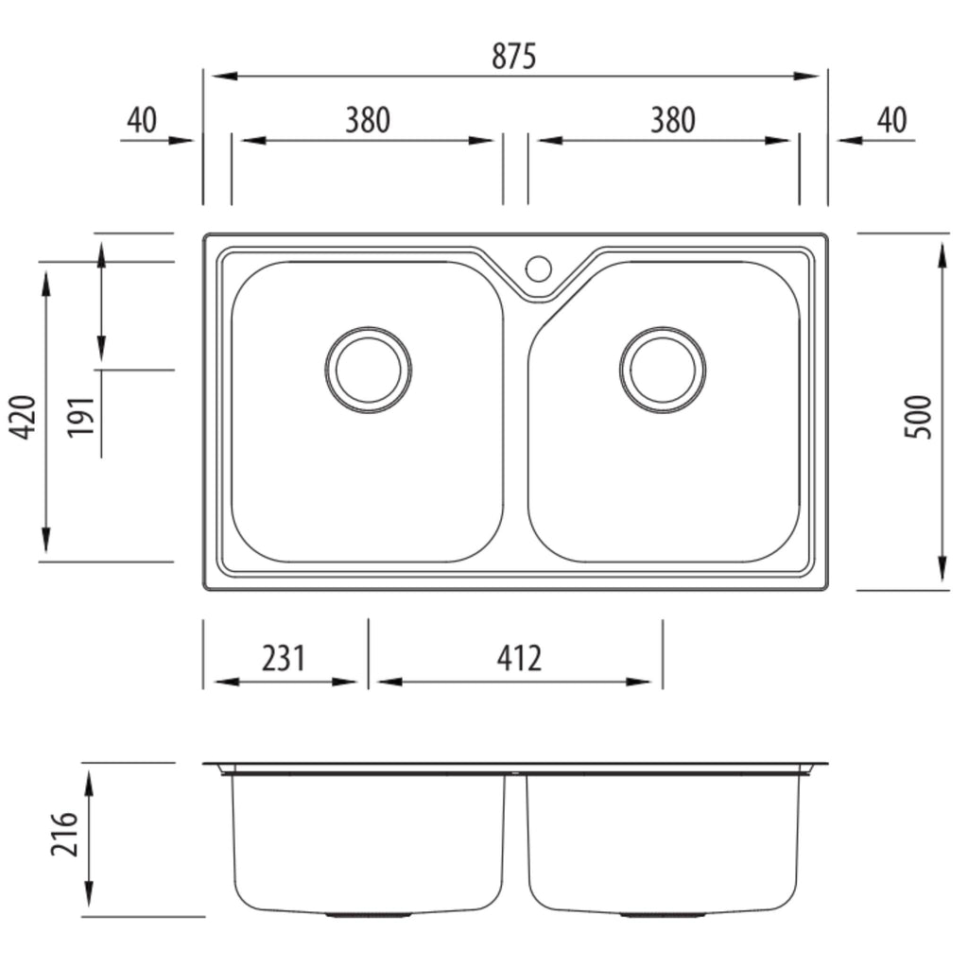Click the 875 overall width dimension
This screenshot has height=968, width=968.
(513, 56)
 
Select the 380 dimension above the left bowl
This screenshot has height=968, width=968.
(368, 120)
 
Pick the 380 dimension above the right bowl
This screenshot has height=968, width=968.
(672, 120)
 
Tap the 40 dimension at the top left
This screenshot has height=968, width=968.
(142, 120)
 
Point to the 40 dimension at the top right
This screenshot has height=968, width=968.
(892, 120)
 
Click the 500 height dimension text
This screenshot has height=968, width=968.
(917, 417)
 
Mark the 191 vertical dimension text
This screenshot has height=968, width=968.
(81, 417)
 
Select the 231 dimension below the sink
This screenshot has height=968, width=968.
(284, 658)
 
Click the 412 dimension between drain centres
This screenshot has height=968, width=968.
(519, 658)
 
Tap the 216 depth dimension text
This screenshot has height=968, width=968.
(65, 834)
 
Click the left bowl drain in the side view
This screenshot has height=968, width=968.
(368, 914)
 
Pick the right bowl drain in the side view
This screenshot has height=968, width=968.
(663, 914)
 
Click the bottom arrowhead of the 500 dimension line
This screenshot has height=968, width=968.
(942, 568)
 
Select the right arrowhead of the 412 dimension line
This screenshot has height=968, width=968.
(639, 682)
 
